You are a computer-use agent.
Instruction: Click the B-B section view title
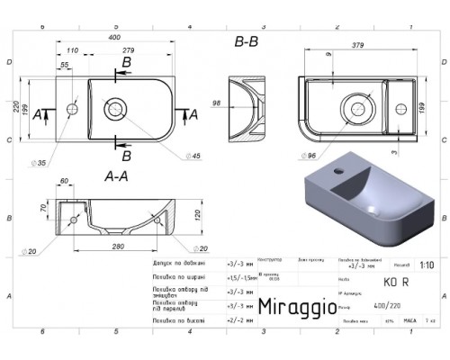247,41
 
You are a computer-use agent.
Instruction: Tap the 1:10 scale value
425,265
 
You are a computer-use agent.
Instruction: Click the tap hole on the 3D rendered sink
340,170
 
